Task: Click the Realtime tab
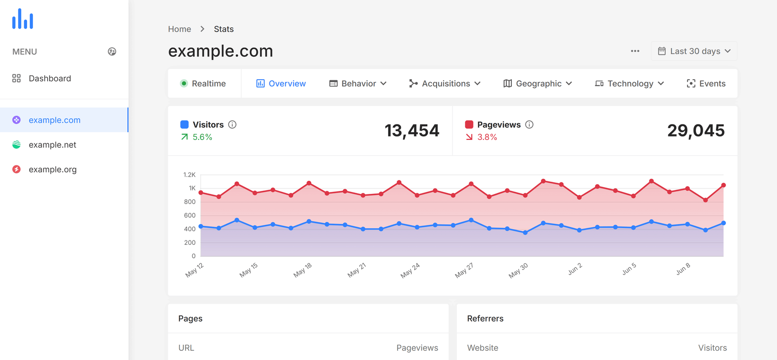[x=203, y=84]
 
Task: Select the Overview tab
[x=281, y=84]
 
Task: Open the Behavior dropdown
[x=358, y=84]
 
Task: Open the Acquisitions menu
[x=445, y=84]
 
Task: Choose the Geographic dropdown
[x=538, y=84]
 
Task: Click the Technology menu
[x=629, y=84]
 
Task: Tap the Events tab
[x=706, y=84]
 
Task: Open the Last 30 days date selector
[x=694, y=51]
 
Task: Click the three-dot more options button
[x=635, y=51]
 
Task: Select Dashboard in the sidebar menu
[x=50, y=78]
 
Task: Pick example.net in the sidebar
[x=52, y=145]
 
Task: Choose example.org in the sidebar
[x=52, y=170]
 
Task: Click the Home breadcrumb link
[x=180, y=29]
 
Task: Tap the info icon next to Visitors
[x=233, y=124]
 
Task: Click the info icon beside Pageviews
[x=529, y=124]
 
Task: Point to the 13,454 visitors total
[x=412, y=130]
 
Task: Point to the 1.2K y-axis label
[x=189, y=174]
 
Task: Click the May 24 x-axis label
[x=410, y=271]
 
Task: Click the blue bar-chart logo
[x=23, y=19]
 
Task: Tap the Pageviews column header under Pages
[x=417, y=348]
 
